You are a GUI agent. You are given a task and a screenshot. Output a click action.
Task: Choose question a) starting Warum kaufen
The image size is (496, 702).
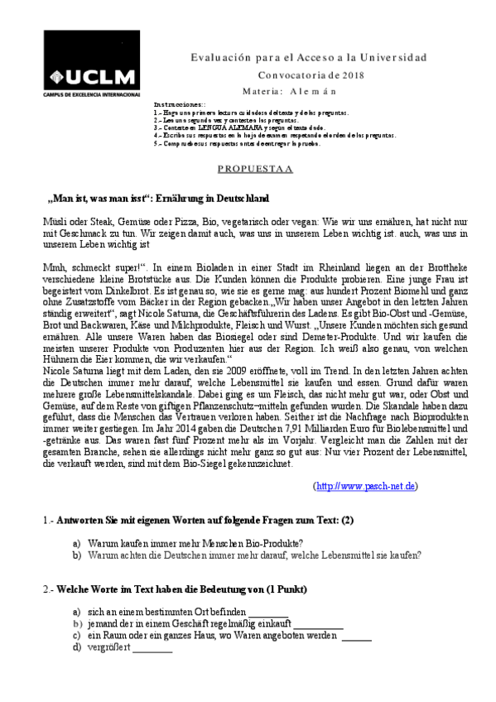[x=183, y=544]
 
